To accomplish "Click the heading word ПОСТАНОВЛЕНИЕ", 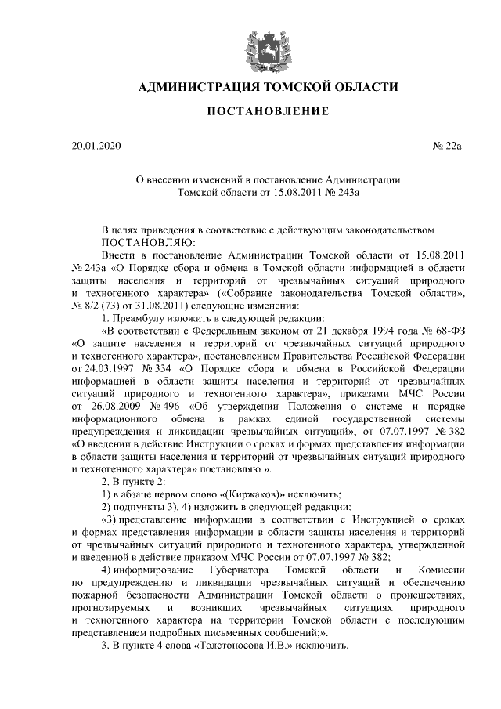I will click(x=261, y=112).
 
